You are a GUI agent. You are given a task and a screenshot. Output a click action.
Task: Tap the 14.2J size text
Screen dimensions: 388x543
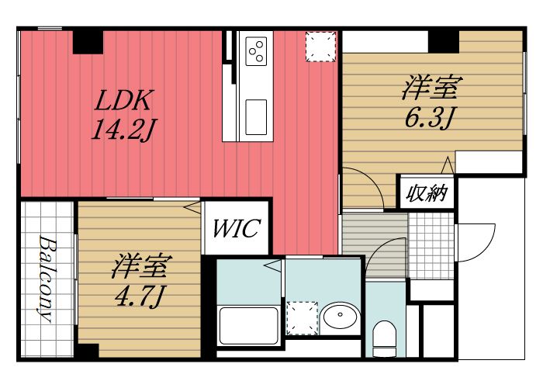(120, 129)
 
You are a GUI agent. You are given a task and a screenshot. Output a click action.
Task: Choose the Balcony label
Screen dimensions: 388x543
(47, 278)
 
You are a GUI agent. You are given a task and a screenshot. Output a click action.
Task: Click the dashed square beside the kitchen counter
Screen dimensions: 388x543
(320, 47)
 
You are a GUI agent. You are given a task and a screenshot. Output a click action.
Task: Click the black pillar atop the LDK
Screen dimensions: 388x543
(88, 40)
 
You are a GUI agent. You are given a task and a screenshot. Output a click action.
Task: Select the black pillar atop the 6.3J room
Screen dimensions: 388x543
(444, 37)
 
